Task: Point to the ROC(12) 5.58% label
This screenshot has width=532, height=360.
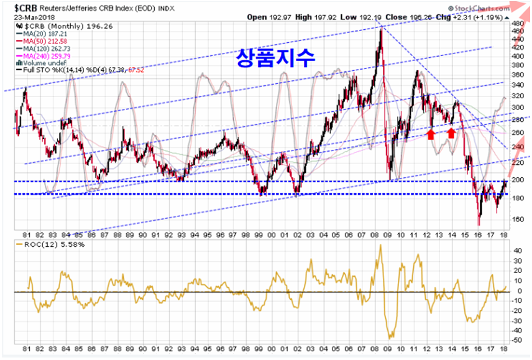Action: pos(45,245)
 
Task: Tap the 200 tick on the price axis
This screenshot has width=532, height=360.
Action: pos(517,180)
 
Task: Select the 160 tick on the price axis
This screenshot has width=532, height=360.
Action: pos(517,219)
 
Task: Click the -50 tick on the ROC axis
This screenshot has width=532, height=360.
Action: pos(517,340)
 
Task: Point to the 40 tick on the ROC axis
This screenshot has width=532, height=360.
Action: pos(517,251)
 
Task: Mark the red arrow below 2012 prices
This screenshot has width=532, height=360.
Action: pos(430,132)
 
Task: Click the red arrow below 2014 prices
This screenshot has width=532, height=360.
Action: pos(452,132)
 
